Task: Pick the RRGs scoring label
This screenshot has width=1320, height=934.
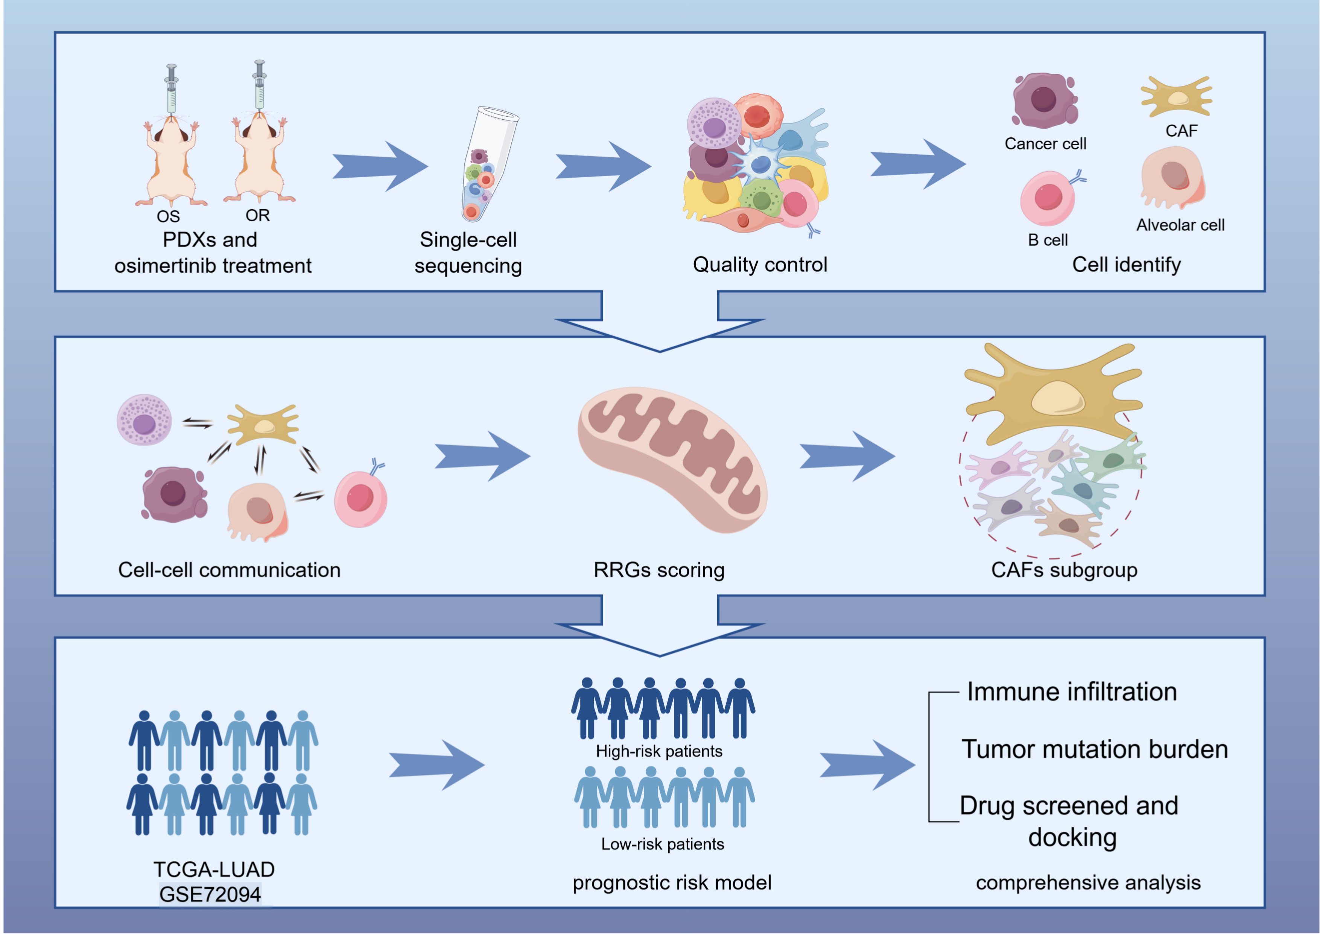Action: (659, 570)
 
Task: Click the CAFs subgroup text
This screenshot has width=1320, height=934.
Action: (1064, 570)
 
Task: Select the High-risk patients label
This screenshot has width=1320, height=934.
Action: (659, 751)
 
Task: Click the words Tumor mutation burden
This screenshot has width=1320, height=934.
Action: (1094, 750)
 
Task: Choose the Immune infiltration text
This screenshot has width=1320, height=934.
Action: (1072, 692)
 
